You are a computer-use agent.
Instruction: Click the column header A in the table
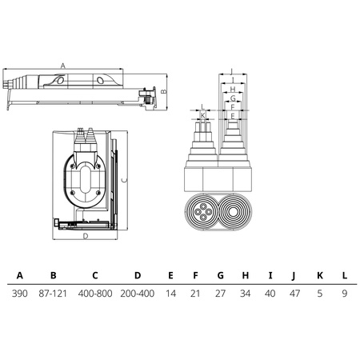20,275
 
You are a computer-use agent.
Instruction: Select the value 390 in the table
20,294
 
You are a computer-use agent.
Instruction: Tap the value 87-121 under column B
53,294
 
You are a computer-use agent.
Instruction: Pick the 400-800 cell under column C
95,294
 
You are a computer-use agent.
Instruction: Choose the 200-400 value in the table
138,294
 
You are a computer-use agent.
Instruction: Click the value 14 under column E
170,294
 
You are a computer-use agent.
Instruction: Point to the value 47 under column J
294,294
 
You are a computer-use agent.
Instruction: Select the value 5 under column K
320,294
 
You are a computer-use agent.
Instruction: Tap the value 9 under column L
345,294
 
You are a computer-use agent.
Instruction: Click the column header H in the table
246,275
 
